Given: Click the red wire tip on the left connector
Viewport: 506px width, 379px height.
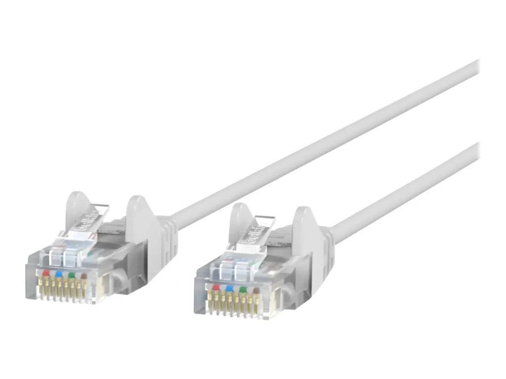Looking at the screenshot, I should tap(46, 272).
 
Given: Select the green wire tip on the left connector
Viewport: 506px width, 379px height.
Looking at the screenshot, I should tap(72, 274).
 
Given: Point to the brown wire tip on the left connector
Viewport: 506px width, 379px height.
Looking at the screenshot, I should tap(84, 275).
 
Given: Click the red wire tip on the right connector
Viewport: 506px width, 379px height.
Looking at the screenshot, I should tap(215, 286).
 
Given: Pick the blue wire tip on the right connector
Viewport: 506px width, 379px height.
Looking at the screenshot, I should tap(229, 287).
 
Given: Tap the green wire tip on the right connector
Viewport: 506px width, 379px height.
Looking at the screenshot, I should tap(242, 288).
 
